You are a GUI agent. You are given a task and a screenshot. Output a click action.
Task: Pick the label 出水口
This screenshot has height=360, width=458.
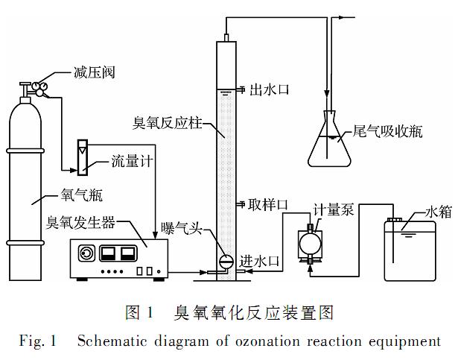click(269, 90)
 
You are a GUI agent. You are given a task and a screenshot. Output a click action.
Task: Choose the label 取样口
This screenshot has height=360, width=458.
click(269, 204)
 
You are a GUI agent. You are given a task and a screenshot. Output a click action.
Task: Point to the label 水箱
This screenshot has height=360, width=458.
click(435, 211)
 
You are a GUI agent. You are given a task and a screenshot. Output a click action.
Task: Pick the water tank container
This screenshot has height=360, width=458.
click(409, 249)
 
